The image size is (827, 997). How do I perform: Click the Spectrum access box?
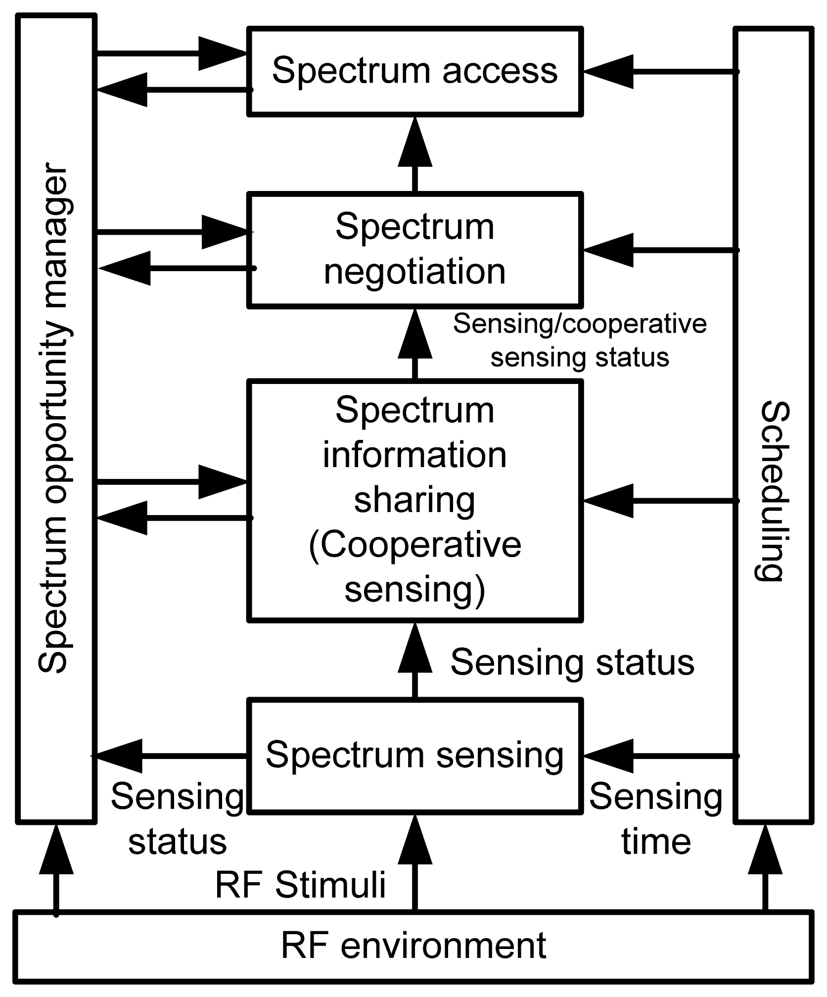point(414,71)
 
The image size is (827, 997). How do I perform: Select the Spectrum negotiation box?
point(414,249)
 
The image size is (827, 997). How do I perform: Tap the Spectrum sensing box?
point(414,756)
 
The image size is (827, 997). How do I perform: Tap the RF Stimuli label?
point(300,885)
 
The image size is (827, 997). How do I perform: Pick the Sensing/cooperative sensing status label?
point(580,341)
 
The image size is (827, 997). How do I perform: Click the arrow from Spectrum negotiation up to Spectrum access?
point(415,153)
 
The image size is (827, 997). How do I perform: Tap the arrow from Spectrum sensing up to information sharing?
point(415,661)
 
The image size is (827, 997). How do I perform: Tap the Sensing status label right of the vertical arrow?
point(572,663)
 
